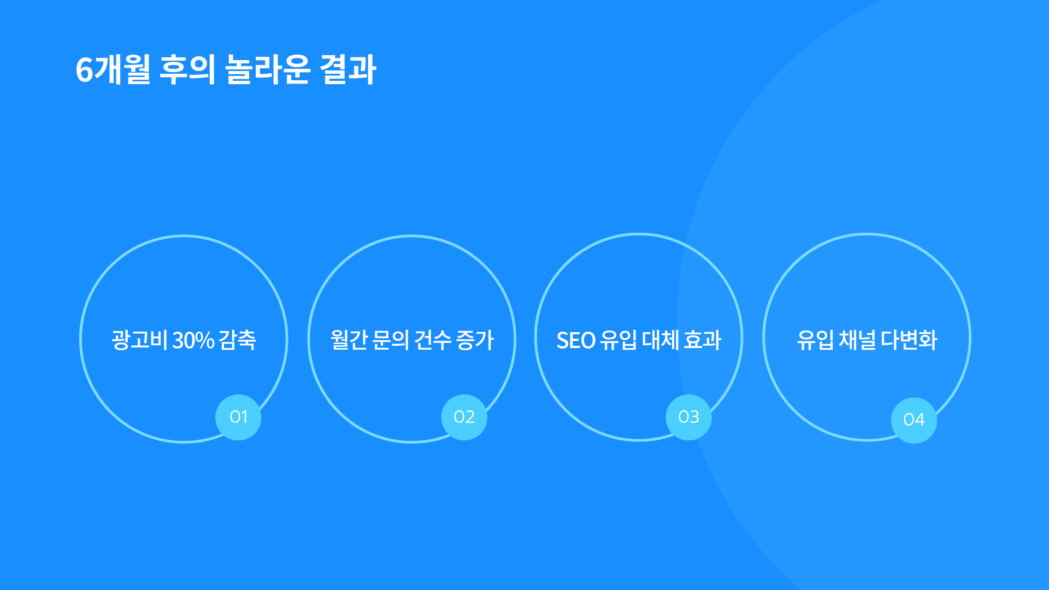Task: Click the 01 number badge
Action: pos(238,417)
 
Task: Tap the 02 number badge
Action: pos(464,417)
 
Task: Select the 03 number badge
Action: pos(688,417)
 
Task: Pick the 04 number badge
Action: pos(914,420)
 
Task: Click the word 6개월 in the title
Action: pos(113,69)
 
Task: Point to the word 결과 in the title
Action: pos(348,69)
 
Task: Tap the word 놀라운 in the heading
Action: pos(268,69)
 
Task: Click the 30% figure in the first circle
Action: pos(193,340)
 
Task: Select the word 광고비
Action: pos(139,340)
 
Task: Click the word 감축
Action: pos(238,340)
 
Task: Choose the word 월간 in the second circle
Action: pos(349,340)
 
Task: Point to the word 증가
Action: pos(475,340)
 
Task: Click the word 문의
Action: pos(390,340)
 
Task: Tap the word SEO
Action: pos(576,340)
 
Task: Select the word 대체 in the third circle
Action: pos(661,340)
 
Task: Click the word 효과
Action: pos(703,340)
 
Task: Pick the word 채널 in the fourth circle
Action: pos(857,340)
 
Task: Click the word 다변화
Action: pos(909,340)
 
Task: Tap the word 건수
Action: pos(433,340)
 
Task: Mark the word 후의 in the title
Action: pos(187,69)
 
